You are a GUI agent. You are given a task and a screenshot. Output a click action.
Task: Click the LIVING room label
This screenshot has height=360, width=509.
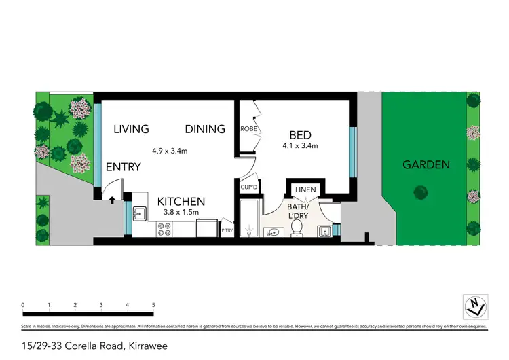[x=131, y=129]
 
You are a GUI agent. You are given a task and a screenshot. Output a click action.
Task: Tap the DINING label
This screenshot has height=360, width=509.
[x=206, y=129]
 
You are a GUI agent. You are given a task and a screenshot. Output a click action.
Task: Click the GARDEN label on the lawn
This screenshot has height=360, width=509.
[x=426, y=164]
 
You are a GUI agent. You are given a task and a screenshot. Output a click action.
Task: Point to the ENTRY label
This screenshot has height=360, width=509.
[x=124, y=167]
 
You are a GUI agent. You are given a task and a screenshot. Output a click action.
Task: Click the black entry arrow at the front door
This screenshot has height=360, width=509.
[x=112, y=200]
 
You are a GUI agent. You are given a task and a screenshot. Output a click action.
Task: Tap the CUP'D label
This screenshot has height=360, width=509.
[x=248, y=187]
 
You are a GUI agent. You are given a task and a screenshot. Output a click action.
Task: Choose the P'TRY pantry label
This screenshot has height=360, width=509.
[x=228, y=231]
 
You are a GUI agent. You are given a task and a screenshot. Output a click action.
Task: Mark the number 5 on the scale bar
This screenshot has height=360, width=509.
[x=153, y=305]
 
